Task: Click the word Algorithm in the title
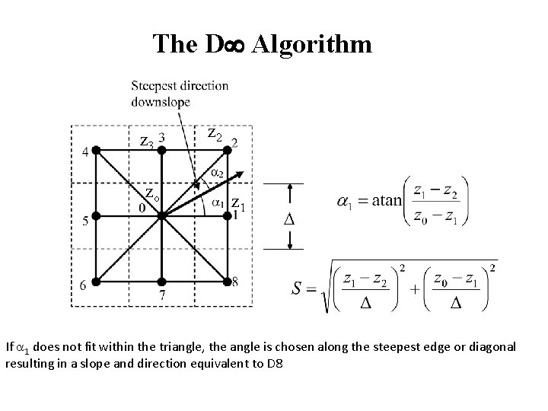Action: pos(312,44)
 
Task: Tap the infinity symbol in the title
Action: pos(231,45)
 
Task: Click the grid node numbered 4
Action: pos(97,151)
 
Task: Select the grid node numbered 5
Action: pos(97,217)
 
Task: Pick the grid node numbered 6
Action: pos(97,282)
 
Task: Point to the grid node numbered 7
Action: pos(162,282)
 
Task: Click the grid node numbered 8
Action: pos(227,282)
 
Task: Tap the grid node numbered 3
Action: pos(162,151)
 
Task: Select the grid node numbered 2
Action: pos(227,151)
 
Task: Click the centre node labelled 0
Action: pos(162,217)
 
